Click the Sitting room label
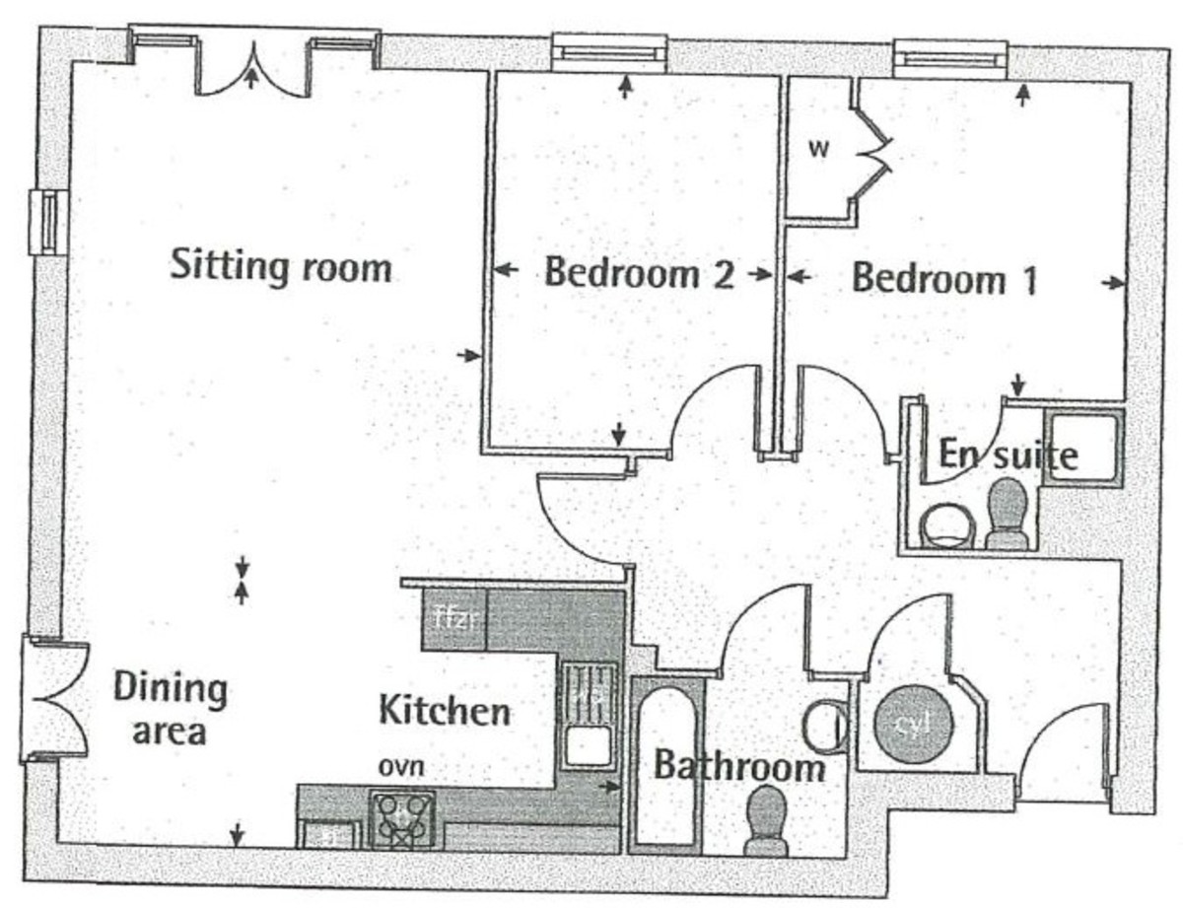[x=281, y=266]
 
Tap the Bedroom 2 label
[x=639, y=273]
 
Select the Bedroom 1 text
[x=943, y=279]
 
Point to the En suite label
[x=1007, y=455]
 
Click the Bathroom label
[x=739, y=766]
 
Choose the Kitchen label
[x=446, y=710]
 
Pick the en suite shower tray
[x=1081, y=449]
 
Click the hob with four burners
[x=403, y=818]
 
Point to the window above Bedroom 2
[x=608, y=52]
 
